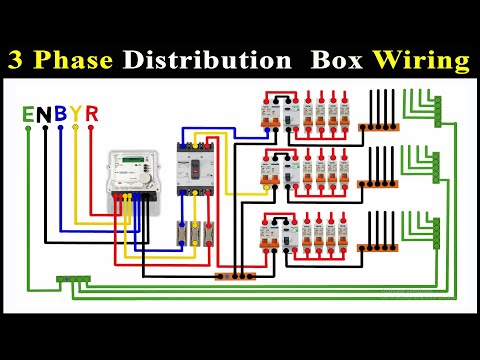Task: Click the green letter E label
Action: coord(28,114)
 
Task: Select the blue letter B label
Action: coord(60,114)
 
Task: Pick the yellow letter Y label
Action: coord(76,114)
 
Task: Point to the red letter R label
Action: coord(92,114)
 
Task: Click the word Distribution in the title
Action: coord(198,60)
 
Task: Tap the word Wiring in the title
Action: coord(421,60)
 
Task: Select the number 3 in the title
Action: coord(19,60)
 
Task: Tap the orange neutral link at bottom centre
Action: coord(236,274)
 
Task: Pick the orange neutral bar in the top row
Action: coord(379,127)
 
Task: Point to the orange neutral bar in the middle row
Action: coord(379,184)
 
